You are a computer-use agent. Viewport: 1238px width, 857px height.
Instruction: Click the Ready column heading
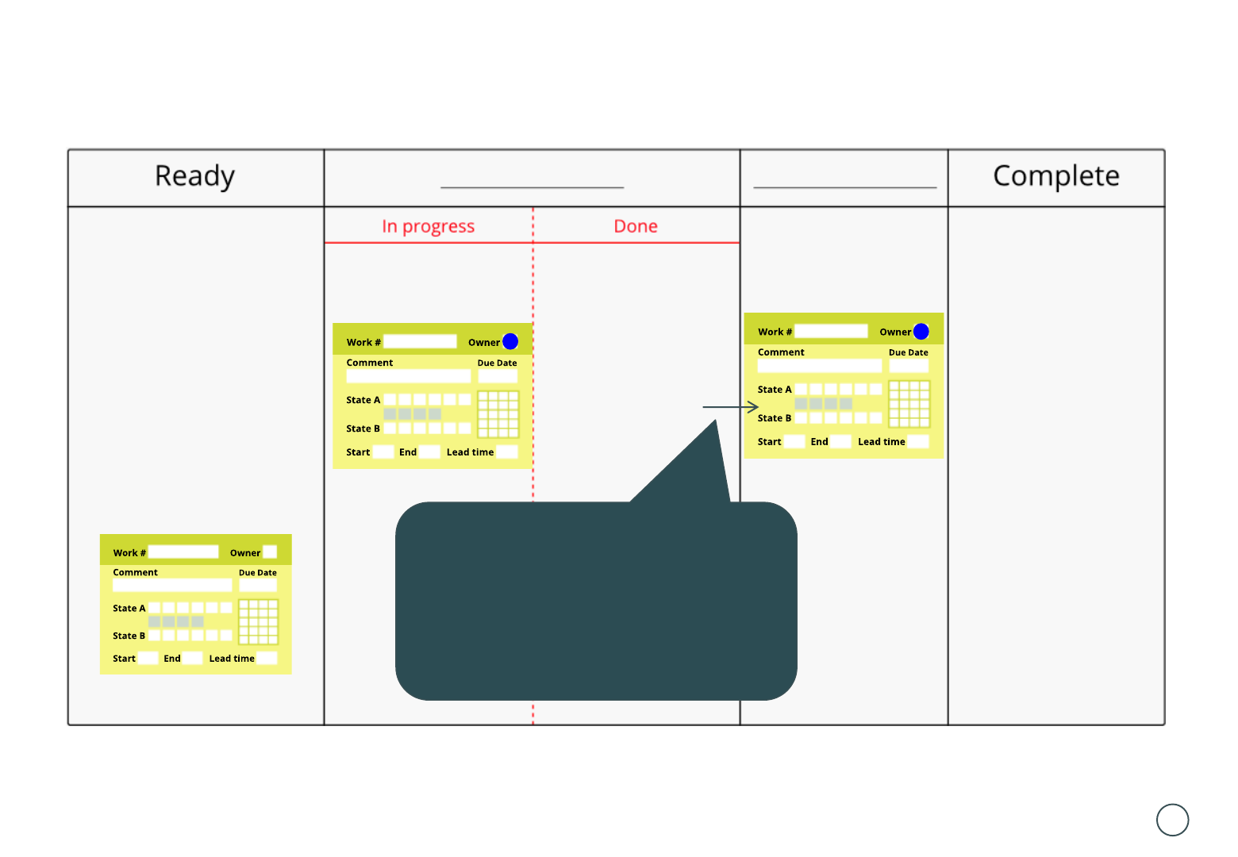(x=194, y=176)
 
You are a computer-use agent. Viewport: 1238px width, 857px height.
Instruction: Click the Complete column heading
(x=1055, y=176)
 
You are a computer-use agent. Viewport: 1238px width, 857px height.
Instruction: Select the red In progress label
(x=428, y=227)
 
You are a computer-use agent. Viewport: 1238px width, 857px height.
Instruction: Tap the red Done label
(x=636, y=227)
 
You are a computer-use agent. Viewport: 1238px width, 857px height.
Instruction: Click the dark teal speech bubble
(x=595, y=601)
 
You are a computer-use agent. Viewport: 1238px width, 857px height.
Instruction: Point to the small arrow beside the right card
(x=731, y=407)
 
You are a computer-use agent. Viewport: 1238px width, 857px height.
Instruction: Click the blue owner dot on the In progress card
(x=510, y=341)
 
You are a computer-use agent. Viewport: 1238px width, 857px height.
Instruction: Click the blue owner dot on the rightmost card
(x=921, y=331)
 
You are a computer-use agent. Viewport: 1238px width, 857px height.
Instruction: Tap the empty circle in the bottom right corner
(x=1172, y=820)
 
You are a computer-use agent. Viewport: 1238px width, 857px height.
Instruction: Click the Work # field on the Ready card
(x=183, y=552)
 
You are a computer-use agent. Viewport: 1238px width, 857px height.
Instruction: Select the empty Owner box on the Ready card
(x=270, y=552)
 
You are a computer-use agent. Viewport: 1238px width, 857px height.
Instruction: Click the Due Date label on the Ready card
(x=258, y=573)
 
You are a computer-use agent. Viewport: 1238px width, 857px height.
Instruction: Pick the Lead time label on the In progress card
(x=470, y=452)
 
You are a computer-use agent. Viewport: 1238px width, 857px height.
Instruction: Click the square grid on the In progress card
(x=498, y=413)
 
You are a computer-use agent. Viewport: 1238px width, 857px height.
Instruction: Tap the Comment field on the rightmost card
(x=819, y=366)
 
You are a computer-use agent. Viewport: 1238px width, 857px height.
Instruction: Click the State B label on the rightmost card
(x=774, y=418)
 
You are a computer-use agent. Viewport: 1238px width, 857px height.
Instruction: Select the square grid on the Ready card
(x=259, y=621)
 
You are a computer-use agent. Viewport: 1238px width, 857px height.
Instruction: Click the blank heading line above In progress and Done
(x=532, y=186)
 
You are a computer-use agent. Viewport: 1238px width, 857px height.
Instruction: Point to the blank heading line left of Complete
(x=844, y=186)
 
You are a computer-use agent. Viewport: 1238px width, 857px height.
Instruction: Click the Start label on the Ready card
(x=124, y=659)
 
